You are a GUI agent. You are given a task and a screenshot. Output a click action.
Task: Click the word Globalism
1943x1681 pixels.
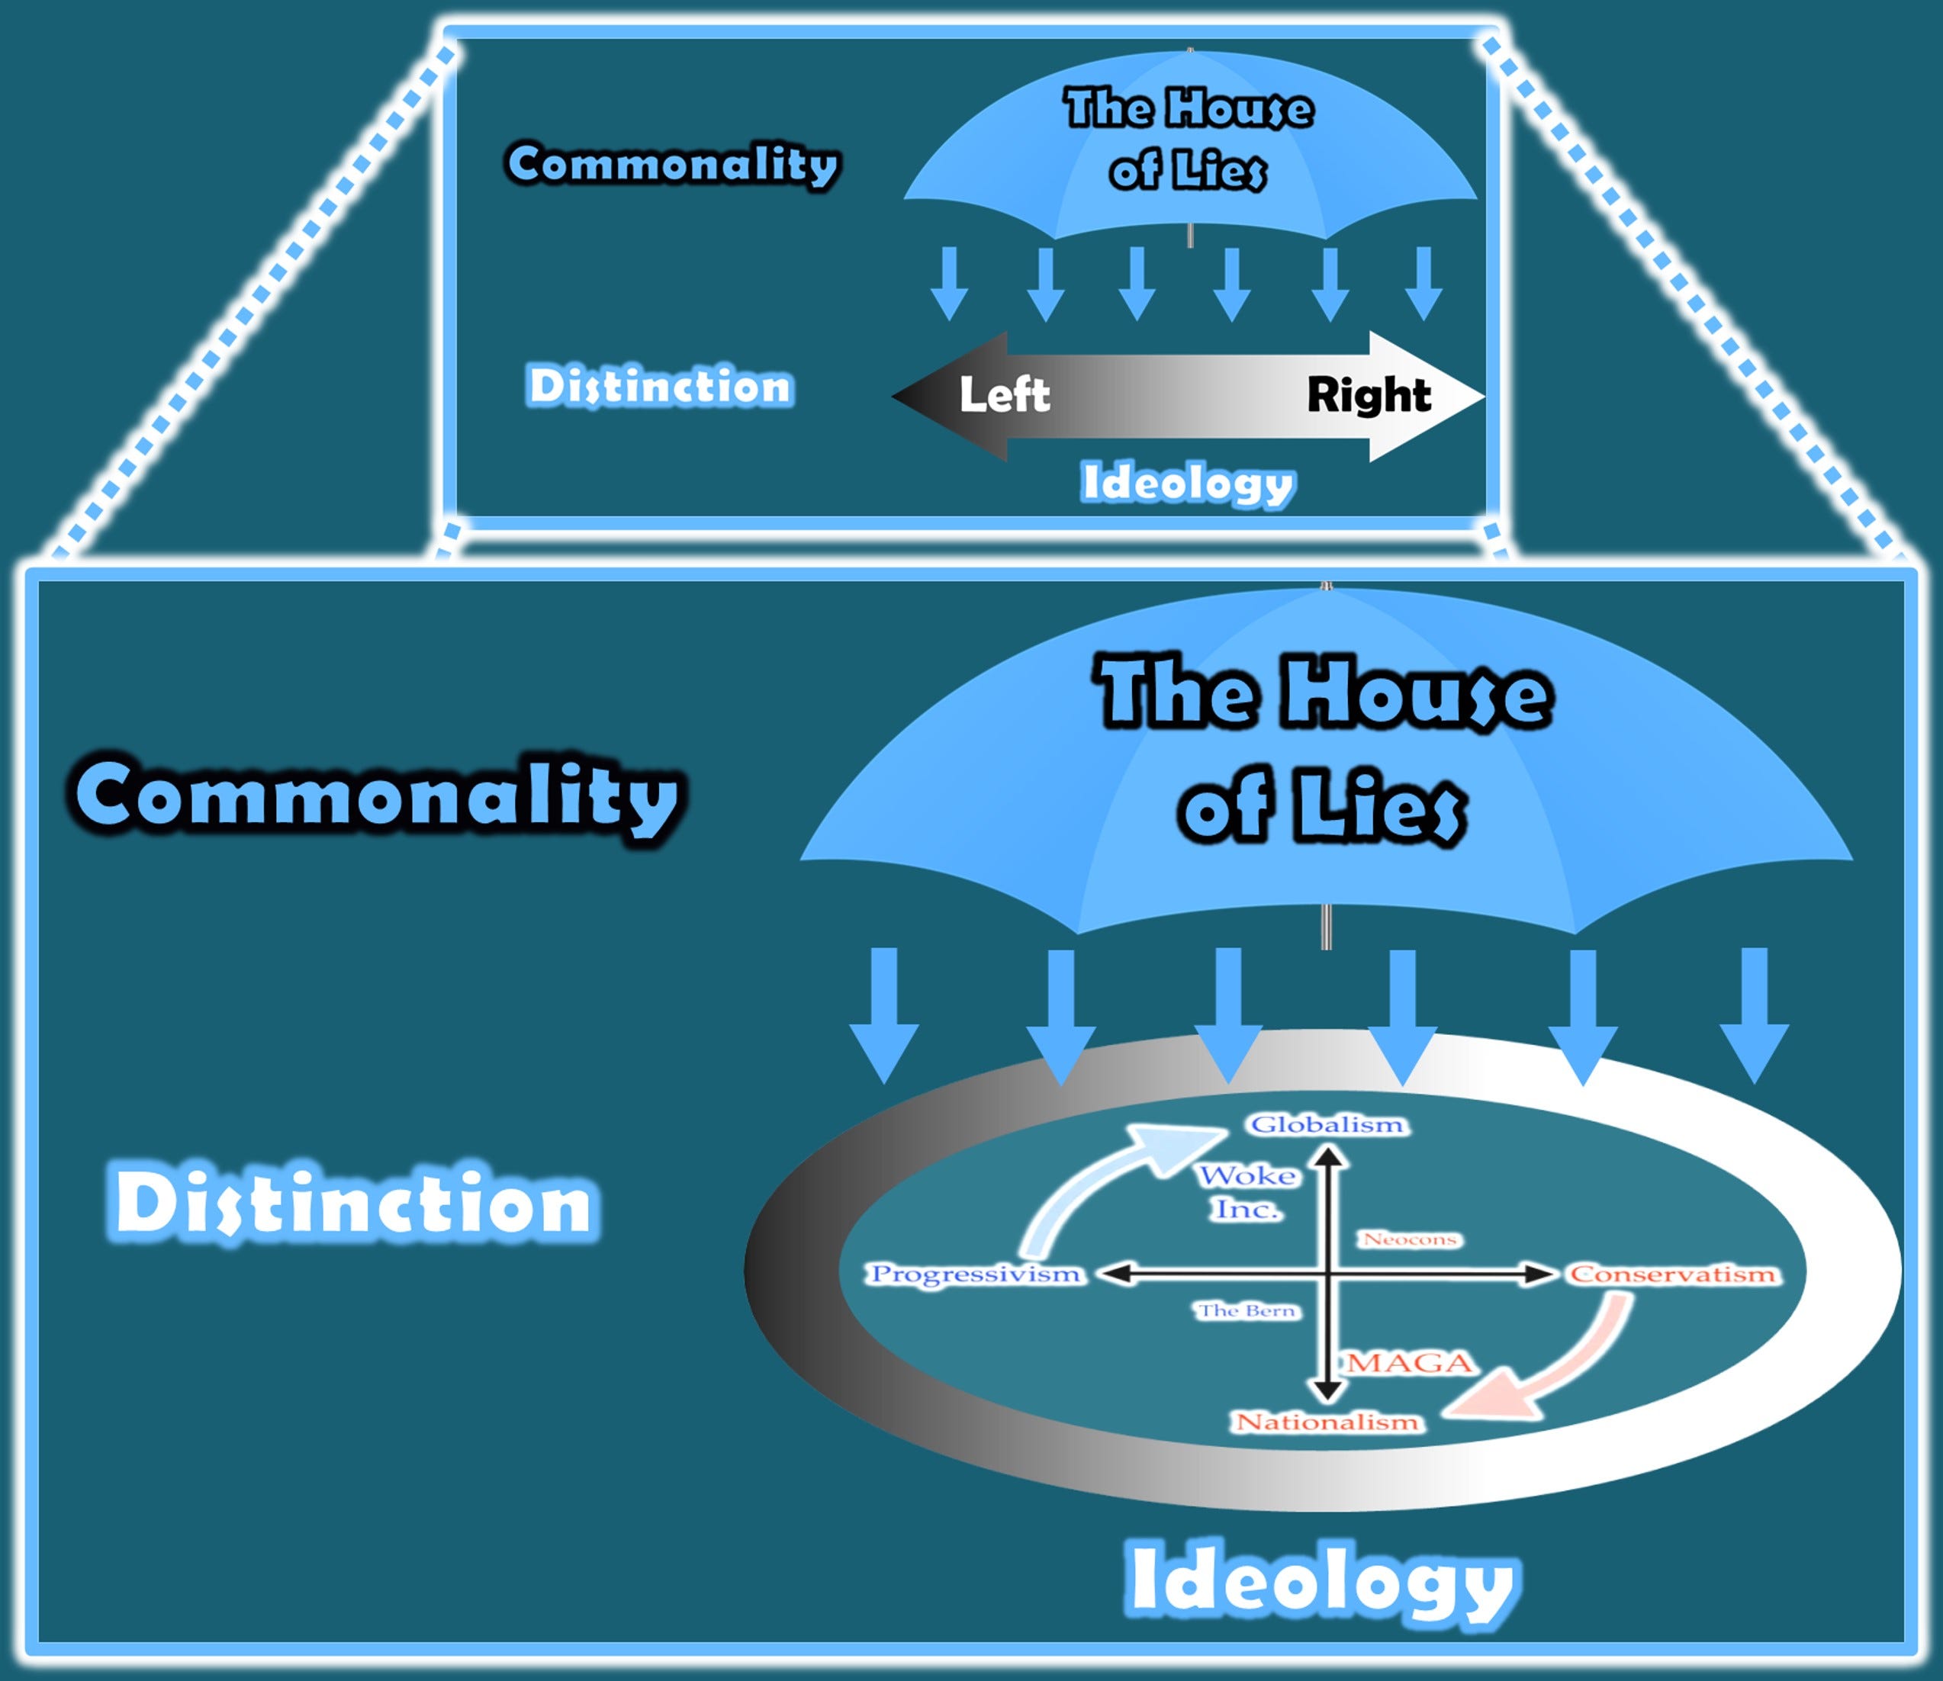tap(1327, 1125)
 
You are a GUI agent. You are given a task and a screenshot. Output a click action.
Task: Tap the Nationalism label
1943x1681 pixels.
tap(1327, 1423)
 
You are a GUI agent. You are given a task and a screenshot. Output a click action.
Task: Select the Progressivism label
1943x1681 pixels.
tap(976, 1274)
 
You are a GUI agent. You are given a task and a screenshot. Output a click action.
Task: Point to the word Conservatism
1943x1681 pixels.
tap(1673, 1274)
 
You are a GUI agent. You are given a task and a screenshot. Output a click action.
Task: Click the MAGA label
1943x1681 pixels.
tap(1410, 1363)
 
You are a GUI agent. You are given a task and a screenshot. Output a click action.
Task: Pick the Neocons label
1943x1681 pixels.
tap(1410, 1240)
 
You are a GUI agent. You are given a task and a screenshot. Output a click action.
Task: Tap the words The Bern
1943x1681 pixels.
tap(1247, 1310)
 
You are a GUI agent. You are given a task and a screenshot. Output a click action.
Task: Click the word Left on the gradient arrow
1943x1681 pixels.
tap(1004, 395)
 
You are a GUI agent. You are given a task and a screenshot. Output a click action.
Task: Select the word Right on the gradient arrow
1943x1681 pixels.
tap(1369, 395)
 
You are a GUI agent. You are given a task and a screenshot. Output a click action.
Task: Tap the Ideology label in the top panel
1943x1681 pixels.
tap(1188, 483)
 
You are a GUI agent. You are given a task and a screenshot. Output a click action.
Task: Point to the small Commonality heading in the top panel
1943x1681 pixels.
tap(673, 164)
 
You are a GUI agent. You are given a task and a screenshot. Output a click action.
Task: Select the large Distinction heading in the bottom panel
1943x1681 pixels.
tap(354, 1203)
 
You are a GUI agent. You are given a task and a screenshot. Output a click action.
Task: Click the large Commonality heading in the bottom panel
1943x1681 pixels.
tap(377, 796)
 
